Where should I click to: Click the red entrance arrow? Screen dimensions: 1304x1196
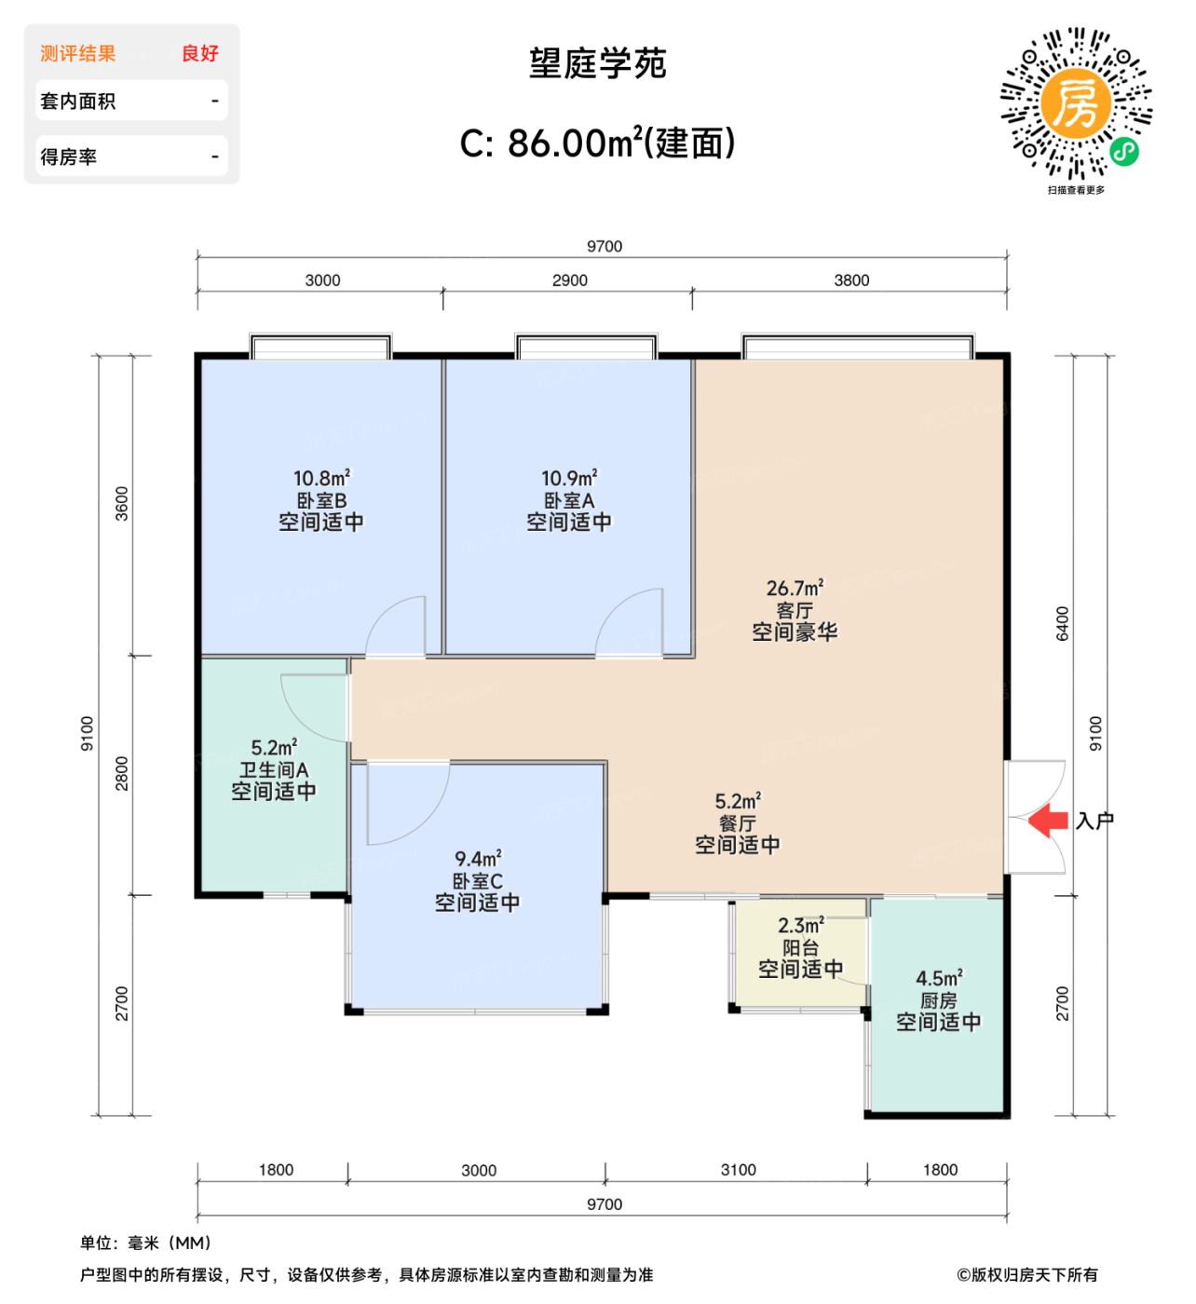tap(1049, 820)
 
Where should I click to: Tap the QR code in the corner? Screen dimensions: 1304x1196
tap(1076, 103)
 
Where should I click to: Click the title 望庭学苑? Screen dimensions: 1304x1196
tap(597, 63)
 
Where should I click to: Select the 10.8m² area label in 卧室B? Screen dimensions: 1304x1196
tap(321, 478)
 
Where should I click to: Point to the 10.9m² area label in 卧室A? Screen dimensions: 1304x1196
tap(569, 478)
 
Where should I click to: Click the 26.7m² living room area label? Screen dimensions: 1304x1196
tap(795, 588)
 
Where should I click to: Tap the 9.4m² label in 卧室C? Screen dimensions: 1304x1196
tap(478, 858)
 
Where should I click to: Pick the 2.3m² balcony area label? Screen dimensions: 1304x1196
tap(800, 926)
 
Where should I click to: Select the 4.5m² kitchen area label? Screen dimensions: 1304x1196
tap(938, 978)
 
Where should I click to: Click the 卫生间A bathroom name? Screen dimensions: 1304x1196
tap(273, 769)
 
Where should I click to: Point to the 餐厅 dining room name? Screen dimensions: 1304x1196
tap(737, 823)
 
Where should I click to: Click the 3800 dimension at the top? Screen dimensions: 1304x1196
tap(851, 280)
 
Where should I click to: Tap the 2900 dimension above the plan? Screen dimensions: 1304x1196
tap(569, 280)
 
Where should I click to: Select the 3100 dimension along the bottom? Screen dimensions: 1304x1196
tap(738, 1170)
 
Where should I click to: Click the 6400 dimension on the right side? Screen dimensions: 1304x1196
tap(1063, 623)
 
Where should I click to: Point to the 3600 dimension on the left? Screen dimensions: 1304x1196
tap(122, 503)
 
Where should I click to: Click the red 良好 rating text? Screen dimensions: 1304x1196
tap(200, 53)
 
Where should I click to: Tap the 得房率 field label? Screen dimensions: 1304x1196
tap(69, 156)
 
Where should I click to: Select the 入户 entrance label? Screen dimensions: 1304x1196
tap(1094, 821)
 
